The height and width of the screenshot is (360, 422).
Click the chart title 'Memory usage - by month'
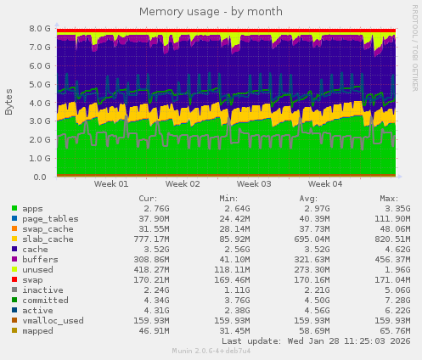[x=211, y=11]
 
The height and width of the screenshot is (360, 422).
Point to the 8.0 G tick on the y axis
[x=40, y=28]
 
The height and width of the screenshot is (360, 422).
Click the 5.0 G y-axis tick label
[x=40, y=84]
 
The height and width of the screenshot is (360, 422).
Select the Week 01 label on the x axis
[x=111, y=183]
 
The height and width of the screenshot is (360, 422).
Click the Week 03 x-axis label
[x=254, y=183]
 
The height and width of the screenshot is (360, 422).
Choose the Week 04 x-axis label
[x=325, y=183]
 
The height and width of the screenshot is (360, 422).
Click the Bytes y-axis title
[x=9, y=102]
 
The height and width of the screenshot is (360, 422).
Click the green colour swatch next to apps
[x=14, y=209]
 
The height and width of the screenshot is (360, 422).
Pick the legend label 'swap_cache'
[x=47, y=228]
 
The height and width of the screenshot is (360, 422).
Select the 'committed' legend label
[x=44, y=300]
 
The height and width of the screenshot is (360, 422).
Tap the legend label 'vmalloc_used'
[x=53, y=320]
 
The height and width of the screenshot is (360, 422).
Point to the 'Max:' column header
[x=389, y=198]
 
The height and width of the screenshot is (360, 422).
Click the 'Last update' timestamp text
[x=316, y=340]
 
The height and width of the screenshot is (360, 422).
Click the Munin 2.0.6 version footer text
[x=211, y=350]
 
